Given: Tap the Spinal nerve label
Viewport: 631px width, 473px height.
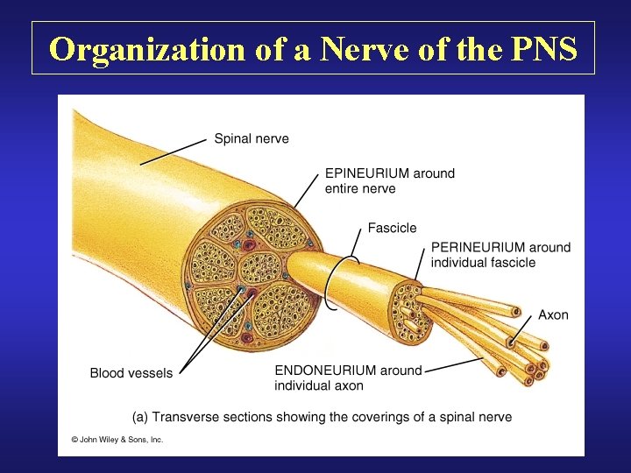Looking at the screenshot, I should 252,138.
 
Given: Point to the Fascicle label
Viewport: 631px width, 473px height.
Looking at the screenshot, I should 392,228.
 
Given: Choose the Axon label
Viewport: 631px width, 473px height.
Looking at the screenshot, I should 553,314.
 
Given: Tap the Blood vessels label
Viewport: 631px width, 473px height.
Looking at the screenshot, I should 131,373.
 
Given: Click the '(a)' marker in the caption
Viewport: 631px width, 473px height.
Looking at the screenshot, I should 139,417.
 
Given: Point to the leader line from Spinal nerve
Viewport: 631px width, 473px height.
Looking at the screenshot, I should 175,150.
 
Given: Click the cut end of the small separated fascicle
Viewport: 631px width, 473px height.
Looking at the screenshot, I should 408,311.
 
